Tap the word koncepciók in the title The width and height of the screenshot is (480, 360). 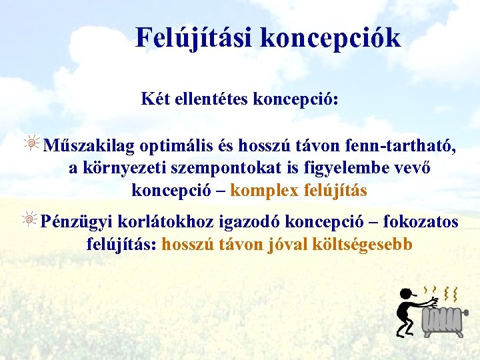pos(331,38)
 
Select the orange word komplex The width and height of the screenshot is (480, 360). pos(264,190)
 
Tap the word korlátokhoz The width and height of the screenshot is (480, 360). pos(149,221)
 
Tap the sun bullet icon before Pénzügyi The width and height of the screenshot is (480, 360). pos(31,218)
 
